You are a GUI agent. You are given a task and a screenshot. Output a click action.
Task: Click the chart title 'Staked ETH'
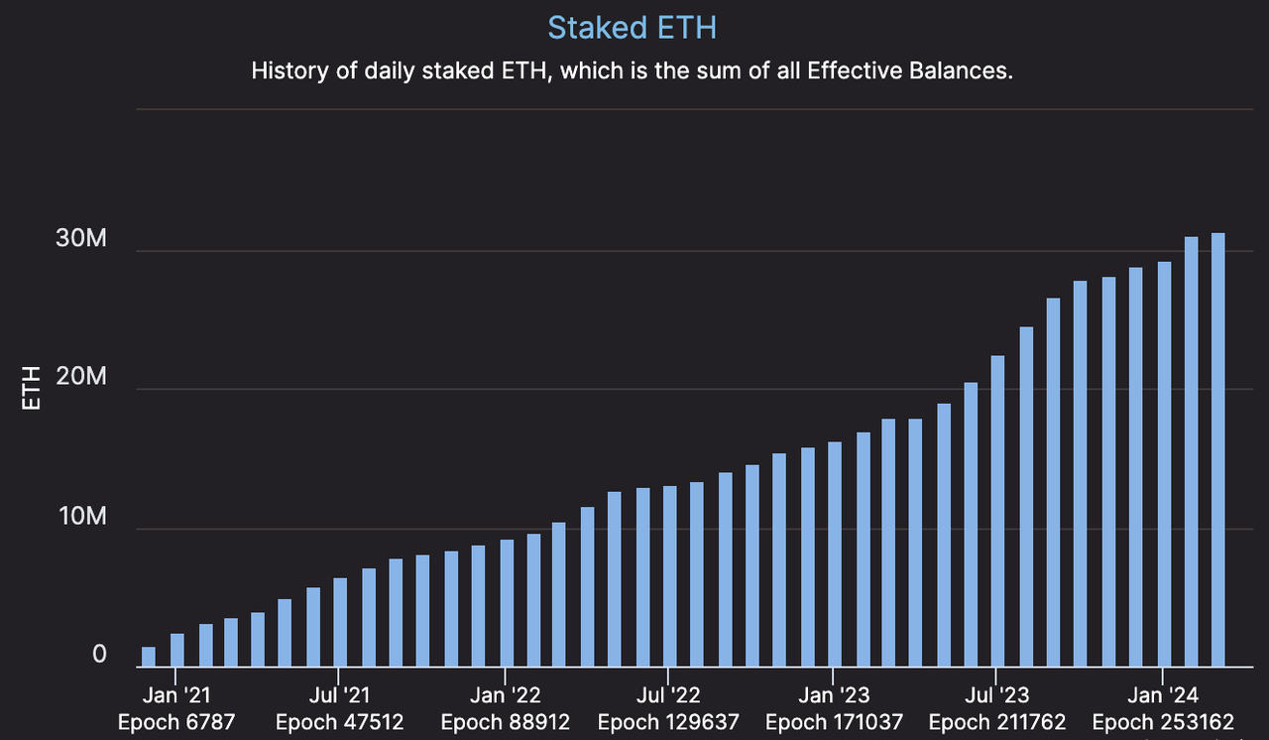pyautogui.click(x=632, y=28)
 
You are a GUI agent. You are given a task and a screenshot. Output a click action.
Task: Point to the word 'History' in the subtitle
pyautogui.click(x=288, y=71)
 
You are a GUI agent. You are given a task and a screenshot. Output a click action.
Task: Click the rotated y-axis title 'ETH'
pyautogui.click(x=32, y=388)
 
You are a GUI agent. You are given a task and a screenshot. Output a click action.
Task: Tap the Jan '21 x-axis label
pyautogui.click(x=176, y=695)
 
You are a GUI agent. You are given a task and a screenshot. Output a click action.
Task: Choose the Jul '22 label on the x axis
pyautogui.click(x=670, y=695)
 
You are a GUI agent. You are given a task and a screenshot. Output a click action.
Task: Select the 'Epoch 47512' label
pyautogui.click(x=340, y=722)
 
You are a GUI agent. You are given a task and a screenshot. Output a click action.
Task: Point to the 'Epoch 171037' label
pyautogui.click(x=834, y=722)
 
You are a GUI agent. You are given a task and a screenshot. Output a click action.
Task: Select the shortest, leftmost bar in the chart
pyautogui.click(x=149, y=657)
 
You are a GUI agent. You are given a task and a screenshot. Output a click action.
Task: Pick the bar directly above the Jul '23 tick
pyautogui.click(x=997, y=511)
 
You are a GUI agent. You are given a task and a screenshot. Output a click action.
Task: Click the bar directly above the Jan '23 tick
pyautogui.click(x=835, y=555)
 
